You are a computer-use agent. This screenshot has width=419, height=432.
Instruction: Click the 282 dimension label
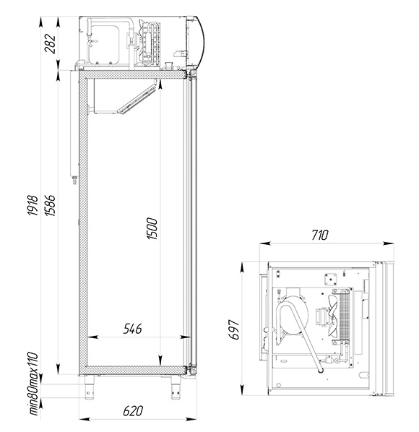coord(50,43)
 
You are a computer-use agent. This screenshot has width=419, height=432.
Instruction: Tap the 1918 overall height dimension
coord(33,205)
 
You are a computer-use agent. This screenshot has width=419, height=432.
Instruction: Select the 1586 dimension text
coord(50,205)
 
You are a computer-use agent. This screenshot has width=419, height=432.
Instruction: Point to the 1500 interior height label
coord(152,229)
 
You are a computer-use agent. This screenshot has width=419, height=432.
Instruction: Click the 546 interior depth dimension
coord(132,329)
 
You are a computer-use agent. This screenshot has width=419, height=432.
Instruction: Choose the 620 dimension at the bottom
coord(133,411)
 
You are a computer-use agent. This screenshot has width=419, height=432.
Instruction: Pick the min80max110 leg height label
coord(33,384)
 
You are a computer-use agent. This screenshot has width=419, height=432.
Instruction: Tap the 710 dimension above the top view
coord(320,235)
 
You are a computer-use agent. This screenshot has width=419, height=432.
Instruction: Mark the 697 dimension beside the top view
coord(233,330)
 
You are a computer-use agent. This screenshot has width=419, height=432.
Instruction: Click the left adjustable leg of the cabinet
coord(90,388)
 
